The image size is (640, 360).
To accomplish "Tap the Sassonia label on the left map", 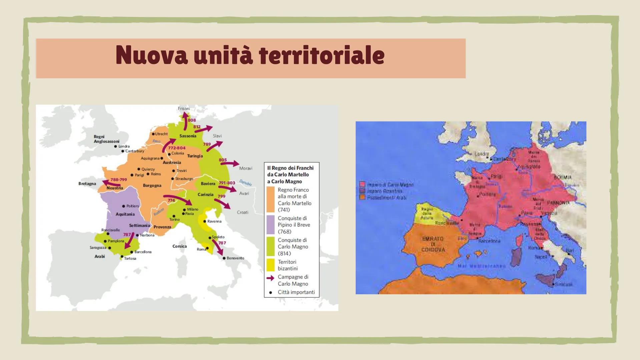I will coord(188,136).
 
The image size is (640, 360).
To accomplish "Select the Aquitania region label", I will coord(125,214).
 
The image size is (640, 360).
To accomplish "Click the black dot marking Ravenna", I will coord(204,221).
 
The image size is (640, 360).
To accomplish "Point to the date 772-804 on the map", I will coord(176,148).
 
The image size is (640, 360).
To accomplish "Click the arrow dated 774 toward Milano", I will coord(178,199).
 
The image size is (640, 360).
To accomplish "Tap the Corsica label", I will coord(179,246).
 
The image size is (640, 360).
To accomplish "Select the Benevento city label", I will coord(235,258).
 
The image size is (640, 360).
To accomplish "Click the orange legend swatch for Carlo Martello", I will coord(270,199).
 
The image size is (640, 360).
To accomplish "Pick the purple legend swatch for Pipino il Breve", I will coord(270,224).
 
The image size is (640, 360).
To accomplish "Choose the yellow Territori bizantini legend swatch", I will coord(270,265).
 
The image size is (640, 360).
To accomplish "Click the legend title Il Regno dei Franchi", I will coord(290,168).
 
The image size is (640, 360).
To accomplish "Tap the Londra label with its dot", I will coord(122,146).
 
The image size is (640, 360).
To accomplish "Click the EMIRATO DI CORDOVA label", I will coord(433,244).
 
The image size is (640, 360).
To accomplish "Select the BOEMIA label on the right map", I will coord(563,177).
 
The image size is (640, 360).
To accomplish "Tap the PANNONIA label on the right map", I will coord(558,203).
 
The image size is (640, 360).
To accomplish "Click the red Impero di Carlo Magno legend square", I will coord(363,184).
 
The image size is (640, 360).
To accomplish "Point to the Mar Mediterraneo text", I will coord(482,266).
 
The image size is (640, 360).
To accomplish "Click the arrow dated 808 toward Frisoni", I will coord(185,121).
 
